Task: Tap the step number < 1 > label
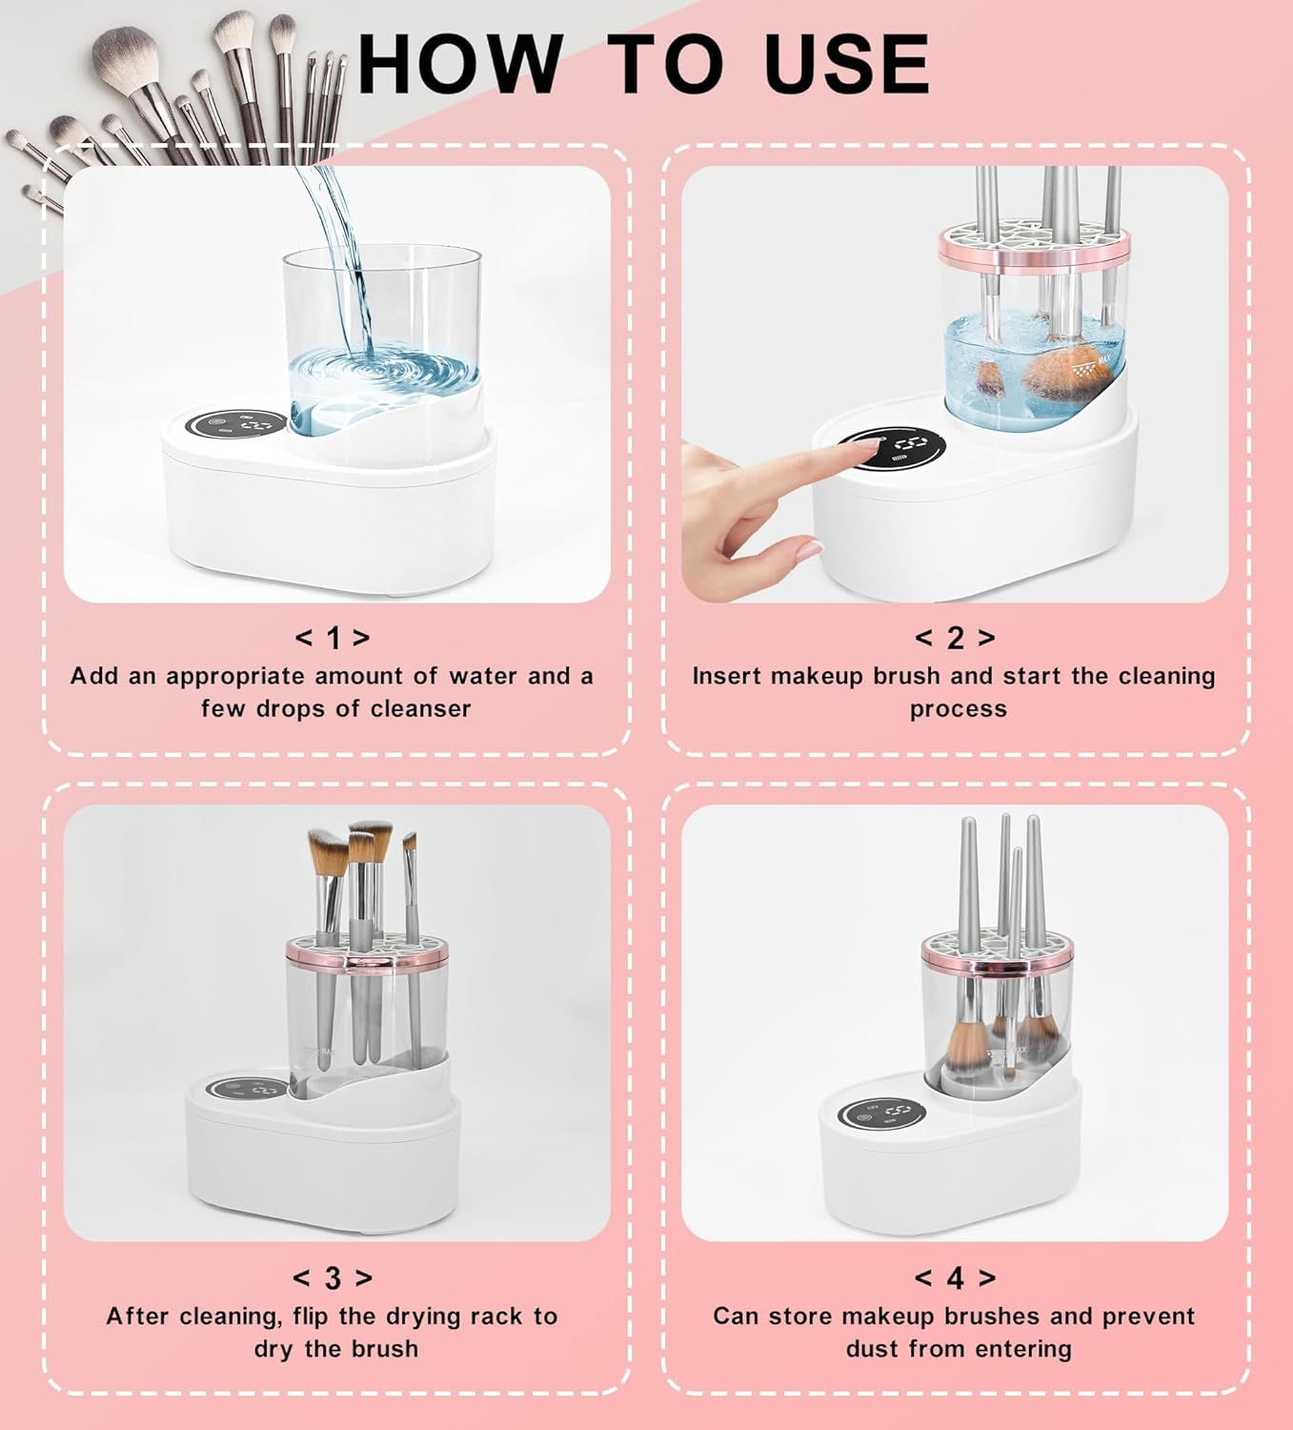coord(333,638)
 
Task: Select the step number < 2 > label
coord(955,638)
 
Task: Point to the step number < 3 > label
coord(333,1277)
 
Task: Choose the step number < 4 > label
coord(955,1277)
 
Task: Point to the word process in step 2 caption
coord(958,709)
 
